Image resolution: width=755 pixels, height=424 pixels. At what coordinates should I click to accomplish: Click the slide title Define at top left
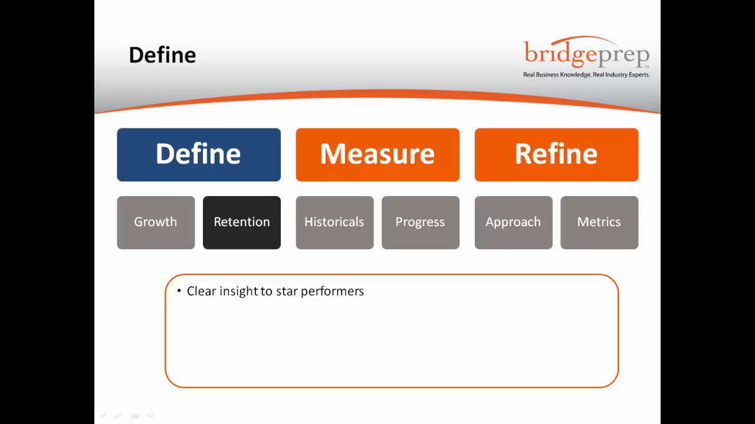(162, 55)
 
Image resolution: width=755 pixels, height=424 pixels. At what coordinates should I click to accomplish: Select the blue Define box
(199, 154)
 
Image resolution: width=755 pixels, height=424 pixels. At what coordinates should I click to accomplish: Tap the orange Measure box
(377, 154)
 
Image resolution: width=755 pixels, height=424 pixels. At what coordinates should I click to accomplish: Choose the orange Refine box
(556, 154)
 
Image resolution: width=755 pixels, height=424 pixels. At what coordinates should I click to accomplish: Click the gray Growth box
(156, 222)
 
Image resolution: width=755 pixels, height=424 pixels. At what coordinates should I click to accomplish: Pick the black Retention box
(242, 222)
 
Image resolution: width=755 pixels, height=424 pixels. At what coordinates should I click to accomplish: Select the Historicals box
(334, 222)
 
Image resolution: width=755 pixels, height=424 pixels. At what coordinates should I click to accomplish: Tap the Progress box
(421, 222)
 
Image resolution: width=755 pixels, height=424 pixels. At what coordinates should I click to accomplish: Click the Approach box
(513, 222)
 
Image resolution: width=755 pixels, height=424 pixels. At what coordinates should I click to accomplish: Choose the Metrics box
(599, 222)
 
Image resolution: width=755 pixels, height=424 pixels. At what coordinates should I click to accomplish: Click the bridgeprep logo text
(586, 54)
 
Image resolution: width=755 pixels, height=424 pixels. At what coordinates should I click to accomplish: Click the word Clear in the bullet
(201, 291)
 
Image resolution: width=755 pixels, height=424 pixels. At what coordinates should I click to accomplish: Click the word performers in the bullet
(332, 291)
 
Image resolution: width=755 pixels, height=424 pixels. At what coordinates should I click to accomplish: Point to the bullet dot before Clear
(179, 291)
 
